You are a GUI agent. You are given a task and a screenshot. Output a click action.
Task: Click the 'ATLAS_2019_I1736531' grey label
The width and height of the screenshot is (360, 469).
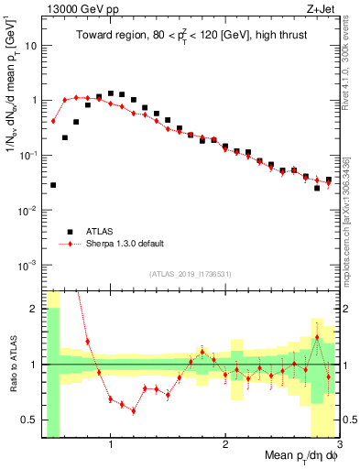click(191, 274)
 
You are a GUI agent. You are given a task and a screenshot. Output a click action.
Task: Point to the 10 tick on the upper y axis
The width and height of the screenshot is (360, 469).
click(30, 45)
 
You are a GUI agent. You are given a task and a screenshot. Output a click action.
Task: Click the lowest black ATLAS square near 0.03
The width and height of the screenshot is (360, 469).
click(53, 185)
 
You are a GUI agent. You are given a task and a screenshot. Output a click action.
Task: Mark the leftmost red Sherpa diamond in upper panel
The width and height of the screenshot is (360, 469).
click(53, 121)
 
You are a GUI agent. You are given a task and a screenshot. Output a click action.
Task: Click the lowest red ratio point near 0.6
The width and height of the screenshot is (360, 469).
click(134, 410)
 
